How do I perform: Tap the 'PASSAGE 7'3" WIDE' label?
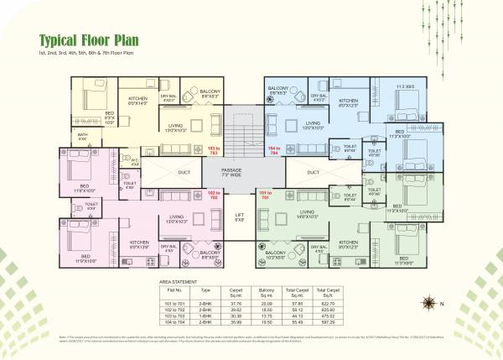point(243,173)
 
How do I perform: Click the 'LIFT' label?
point(239,217)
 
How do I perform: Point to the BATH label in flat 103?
point(82,136)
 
